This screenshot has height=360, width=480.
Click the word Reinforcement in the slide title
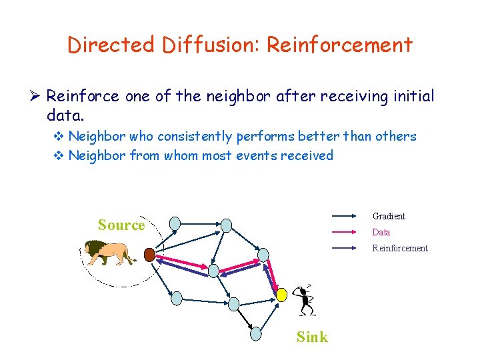click(x=339, y=45)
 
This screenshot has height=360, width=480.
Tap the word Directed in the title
click(x=109, y=45)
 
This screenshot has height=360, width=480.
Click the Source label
click(x=121, y=225)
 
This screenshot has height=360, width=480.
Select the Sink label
click(x=312, y=337)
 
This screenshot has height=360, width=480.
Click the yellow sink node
click(x=282, y=293)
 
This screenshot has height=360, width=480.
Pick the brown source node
click(x=150, y=255)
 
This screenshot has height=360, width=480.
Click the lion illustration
click(x=109, y=253)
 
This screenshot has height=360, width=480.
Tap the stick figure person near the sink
click(x=305, y=300)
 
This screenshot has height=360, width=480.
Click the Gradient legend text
click(x=389, y=216)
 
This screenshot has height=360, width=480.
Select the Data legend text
click(x=381, y=232)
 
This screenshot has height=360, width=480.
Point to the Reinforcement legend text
click(x=400, y=248)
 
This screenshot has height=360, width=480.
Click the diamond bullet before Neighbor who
click(x=59, y=137)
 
